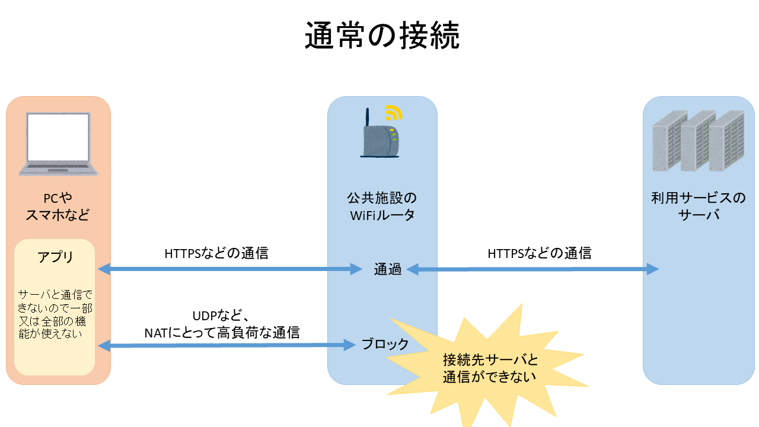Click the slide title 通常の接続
[x=382, y=36]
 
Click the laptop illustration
[x=58, y=144]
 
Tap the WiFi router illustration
[x=379, y=140]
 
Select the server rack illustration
[x=698, y=141]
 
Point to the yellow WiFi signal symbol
[x=393, y=112]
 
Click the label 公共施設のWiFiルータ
[x=382, y=206]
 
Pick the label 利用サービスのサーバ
[x=698, y=206]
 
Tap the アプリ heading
[x=55, y=257]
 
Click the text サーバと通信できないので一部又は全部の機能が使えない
[x=55, y=314]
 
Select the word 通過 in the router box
[x=388, y=269]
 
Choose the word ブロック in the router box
[x=385, y=344]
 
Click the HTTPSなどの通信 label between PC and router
[x=216, y=253]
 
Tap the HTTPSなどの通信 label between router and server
[x=539, y=253]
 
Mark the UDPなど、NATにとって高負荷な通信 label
[x=222, y=324]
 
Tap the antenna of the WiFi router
[x=368, y=120]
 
